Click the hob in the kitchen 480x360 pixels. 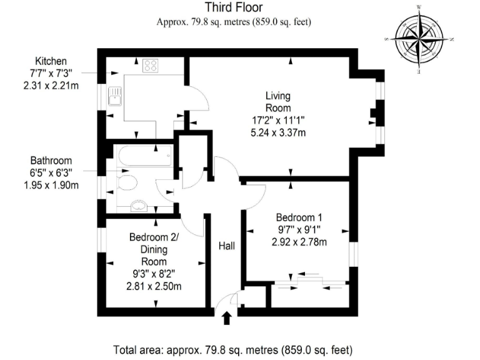tap(151, 65)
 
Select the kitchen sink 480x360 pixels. tap(115, 97)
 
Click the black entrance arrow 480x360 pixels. tap(227, 319)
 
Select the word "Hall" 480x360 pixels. tap(226, 247)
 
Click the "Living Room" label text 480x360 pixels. tap(278, 102)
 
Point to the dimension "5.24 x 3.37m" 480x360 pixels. tap(278, 132)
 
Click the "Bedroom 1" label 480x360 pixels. tap(300, 217)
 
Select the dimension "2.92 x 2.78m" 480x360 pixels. tap(300, 242)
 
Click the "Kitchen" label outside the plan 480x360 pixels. tap(51, 61)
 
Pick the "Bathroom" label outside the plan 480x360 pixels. tap(51, 161)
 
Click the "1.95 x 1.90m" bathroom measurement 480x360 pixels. tap(51, 185)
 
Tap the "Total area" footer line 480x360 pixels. tap(233, 348)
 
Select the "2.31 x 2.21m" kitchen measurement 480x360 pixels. tap(51, 85)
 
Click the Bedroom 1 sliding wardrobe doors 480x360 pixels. tap(311, 282)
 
